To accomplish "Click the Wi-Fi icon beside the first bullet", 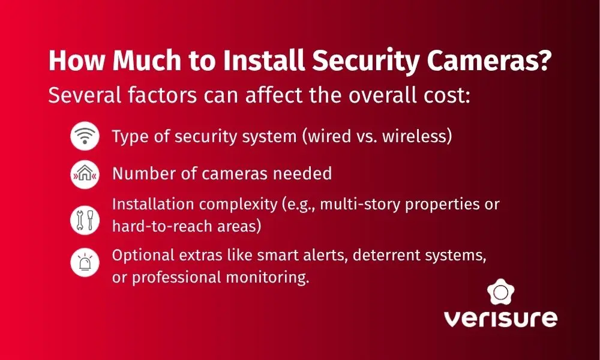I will click(x=83, y=137).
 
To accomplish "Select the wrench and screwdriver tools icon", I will click(x=83, y=220).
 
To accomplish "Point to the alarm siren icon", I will click(x=83, y=262).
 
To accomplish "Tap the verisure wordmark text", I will click(x=500, y=318).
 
